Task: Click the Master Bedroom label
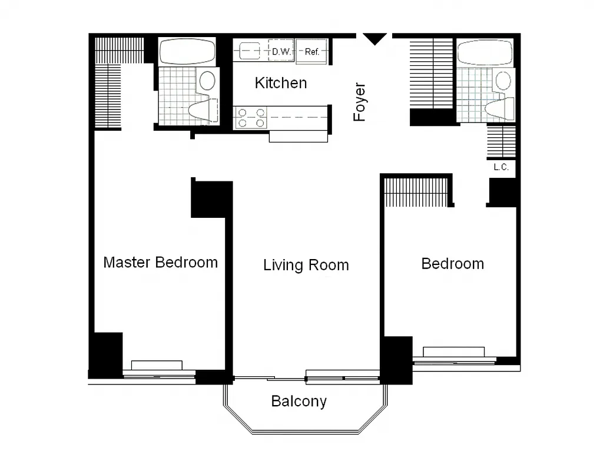(160, 262)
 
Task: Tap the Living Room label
(306, 265)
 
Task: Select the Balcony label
(299, 402)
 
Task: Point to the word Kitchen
(280, 83)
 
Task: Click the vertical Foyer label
(359, 102)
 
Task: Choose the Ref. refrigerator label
(312, 52)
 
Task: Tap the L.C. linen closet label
(501, 167)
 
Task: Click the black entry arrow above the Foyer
(374, 39)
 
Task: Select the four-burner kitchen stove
(251, 118)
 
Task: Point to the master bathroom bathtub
(187, 51)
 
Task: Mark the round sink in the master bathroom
(207, 80)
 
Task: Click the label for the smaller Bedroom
(452, 264)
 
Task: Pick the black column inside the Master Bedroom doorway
(211, 198)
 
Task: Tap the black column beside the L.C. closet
(502, 191)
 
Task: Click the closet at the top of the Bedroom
(417, 191)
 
